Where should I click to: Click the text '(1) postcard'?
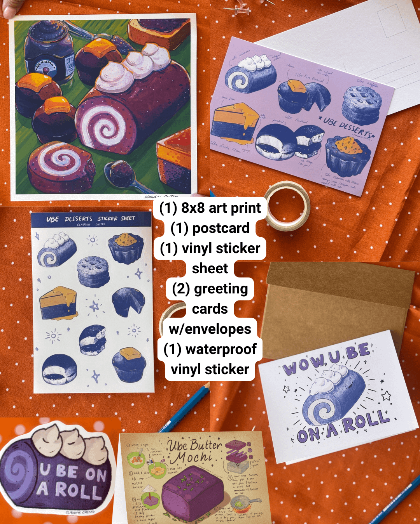(x=210, y=228)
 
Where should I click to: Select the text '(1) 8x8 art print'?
(x=210, y=208)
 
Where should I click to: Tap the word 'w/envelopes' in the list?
(x=210, y=329)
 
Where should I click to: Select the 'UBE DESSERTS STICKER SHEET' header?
(x=90, y=219)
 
